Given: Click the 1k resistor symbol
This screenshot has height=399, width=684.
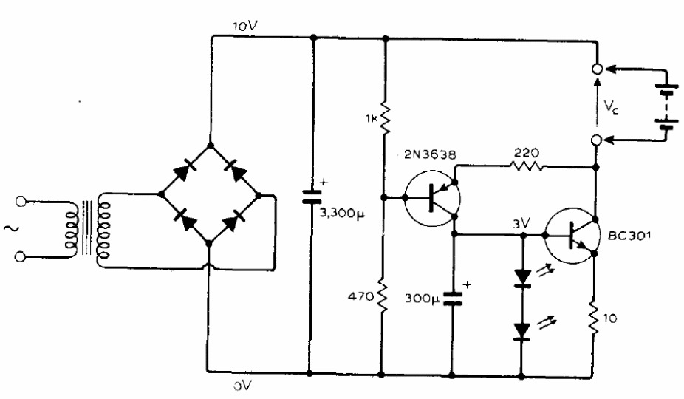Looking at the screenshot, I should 383,117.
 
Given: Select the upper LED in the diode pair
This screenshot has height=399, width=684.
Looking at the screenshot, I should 523,278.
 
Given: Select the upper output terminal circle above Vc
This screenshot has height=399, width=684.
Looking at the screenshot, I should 597,69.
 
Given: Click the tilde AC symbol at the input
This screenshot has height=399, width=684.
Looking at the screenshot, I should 10,228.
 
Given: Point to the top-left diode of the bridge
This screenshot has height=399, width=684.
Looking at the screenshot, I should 185,170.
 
